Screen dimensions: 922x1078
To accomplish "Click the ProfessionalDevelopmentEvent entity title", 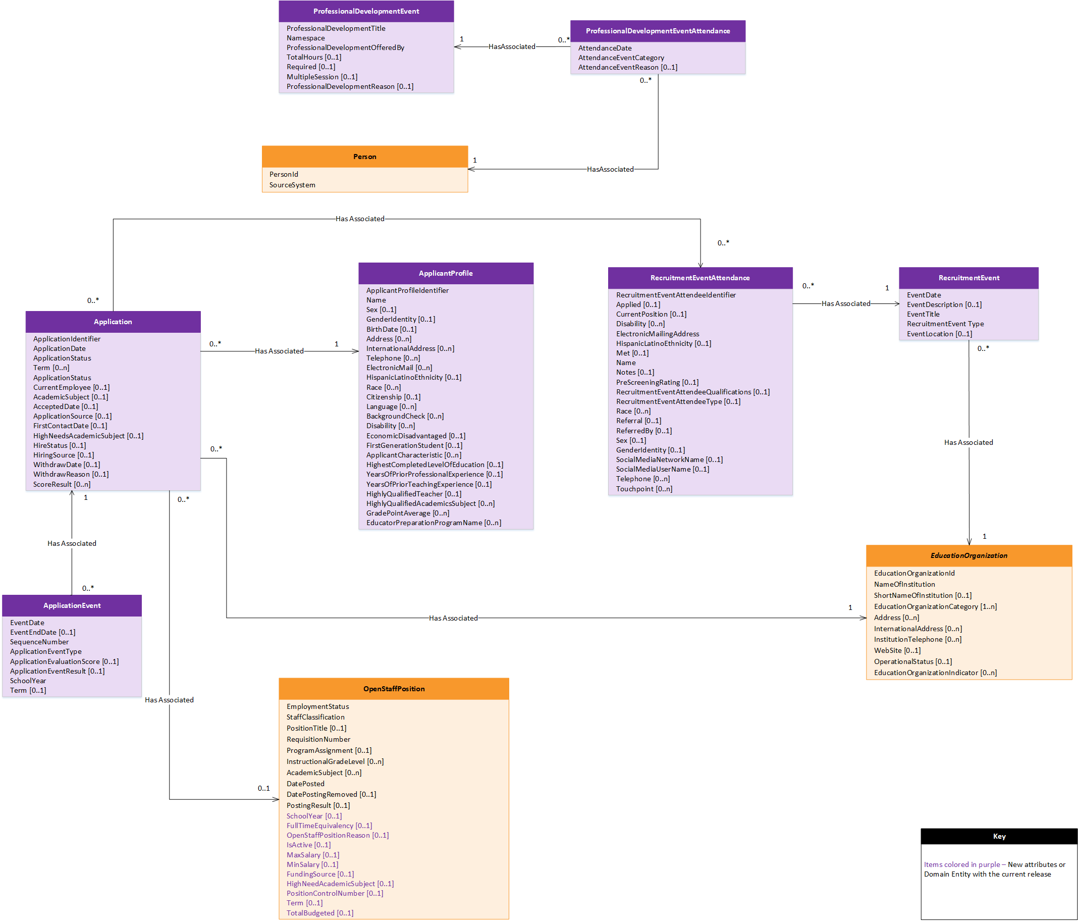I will (x=366, y=12).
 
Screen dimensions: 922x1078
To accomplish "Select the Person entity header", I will (x=365, y=157).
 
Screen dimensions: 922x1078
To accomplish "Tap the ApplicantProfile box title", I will (x=445, y=273).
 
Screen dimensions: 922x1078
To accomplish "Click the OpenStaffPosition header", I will (x=394, y=689).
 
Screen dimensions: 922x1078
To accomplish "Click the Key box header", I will (x=999, y=836).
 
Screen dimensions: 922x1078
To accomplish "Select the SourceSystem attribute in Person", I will (x=292, y=185).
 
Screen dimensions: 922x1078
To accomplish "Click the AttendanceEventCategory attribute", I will (x=621, y=58).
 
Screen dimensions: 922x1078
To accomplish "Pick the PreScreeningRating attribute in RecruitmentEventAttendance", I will (x=657, y=382).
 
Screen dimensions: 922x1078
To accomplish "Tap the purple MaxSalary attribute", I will (x=312, y=855).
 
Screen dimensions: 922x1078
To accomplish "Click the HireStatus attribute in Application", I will (x=60, y=445).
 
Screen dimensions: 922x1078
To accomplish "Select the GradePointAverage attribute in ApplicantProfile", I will (x=407, y=513).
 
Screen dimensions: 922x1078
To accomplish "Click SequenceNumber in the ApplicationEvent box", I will (x=39, y=642).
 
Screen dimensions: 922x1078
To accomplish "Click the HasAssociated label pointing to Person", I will (x=610, y=169).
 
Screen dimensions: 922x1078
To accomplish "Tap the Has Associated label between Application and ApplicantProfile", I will (x=279, y=351).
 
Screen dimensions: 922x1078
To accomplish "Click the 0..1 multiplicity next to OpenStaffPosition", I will (x=264, y=788).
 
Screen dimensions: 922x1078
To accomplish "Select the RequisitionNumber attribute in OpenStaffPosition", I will (x=318, y=739).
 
